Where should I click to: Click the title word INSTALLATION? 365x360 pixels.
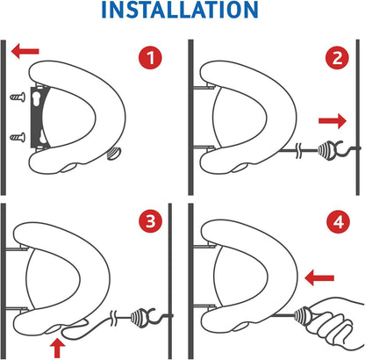point(182,12)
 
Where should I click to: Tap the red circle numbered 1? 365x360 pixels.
point(152,60)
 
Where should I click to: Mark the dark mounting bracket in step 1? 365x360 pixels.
point(36,119)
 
